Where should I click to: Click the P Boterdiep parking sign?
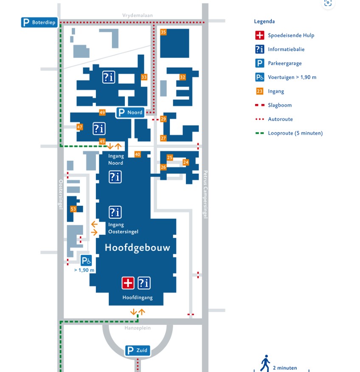pyautogui.click(x=39, y=23)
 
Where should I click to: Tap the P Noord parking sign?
pyautogui.click(x=130, y=112)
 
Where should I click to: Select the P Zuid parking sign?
pyautogui.click(x=138, y=350)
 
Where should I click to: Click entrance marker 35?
pyautogui.click(x=163, y=32)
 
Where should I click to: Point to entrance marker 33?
pyautogui.click(x=144, y=77)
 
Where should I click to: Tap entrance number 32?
pyautogui.click(x=183, y=77)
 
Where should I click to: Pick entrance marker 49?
pyautogui.click(x=102, y=112)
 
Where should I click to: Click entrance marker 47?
pyautogui.click(x=80, y=127)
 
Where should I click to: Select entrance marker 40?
pyautogui.click(x=138, y=154)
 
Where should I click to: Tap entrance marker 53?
pyautogui.click(x=73, y=209)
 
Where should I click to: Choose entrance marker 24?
pyautogui.click(x=186, y=162)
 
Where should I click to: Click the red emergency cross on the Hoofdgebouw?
pyautogui.click(x=128, y=283)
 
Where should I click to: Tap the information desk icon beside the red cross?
pyautogui.click(x=144, y=283)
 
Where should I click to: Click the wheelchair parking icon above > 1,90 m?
pyautogui.click(x=86, y=260)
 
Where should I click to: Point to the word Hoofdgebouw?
pyautogui.click(x=138, y=248)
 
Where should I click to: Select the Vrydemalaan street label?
pyautogui.click(x=138, y=15)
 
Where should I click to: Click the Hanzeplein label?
pyautogui.click(x=138, y=328)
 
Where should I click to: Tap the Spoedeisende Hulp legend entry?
pyautogui.click(x=285, y=35)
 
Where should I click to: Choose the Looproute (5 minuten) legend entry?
pyautogui.click(x=289, y=133)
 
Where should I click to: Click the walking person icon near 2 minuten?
pyautogui.click(x=265, y=363)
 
